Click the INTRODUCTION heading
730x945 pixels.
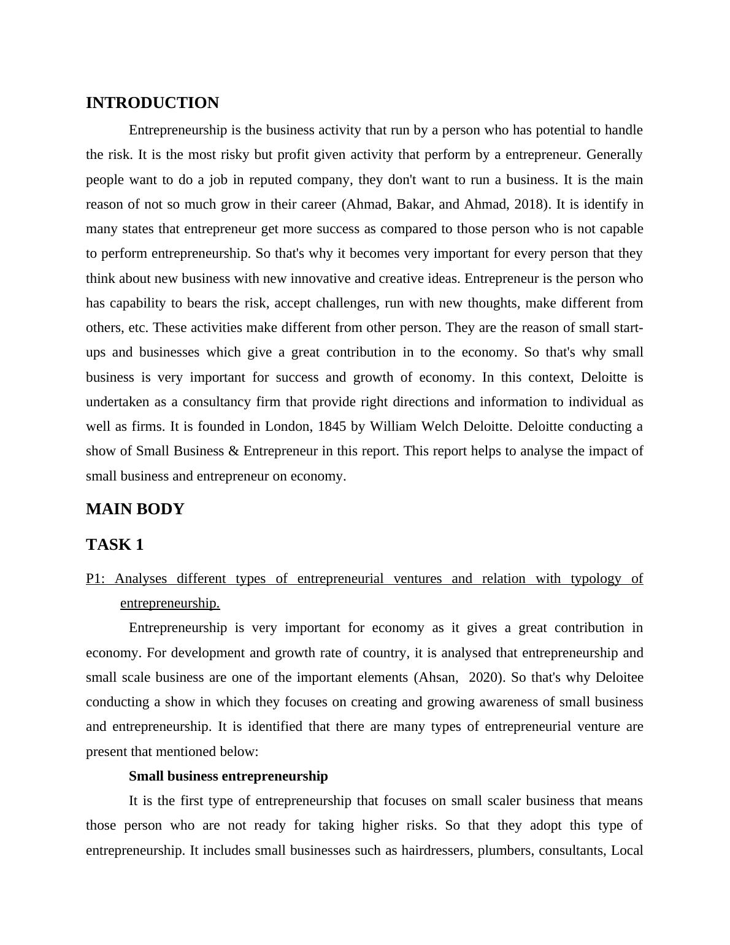click(x=152, y=103)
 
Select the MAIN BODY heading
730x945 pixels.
click(x=135, y=509)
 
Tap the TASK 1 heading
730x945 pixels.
click(x=115, y=545)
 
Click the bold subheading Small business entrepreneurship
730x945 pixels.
click(x=228, y=776)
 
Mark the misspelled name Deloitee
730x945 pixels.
click(x=620, y=677)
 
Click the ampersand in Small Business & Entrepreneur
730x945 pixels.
click(x=233, y=451)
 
